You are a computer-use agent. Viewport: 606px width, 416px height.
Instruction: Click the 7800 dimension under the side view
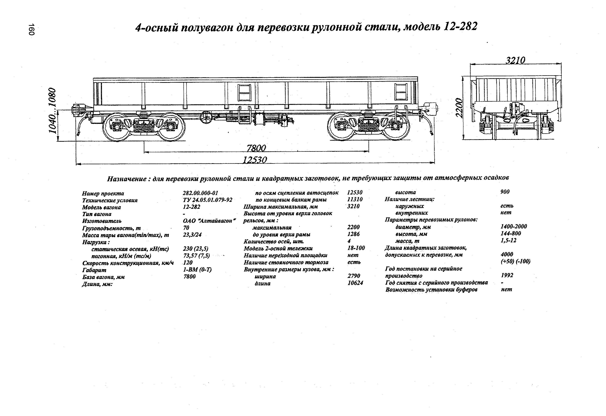click(256, 148)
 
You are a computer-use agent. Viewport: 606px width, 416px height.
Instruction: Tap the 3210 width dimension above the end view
click(515, 60)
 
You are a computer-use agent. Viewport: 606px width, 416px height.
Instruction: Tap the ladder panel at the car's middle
click(244, 92)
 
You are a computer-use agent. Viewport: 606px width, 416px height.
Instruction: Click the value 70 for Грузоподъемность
click(186, 228)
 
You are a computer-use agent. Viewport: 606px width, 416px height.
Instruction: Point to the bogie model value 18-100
click(356, 248)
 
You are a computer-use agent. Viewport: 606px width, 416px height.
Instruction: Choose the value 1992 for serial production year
click(507, 275)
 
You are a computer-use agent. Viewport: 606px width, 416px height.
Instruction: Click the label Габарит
click(94, 270)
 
